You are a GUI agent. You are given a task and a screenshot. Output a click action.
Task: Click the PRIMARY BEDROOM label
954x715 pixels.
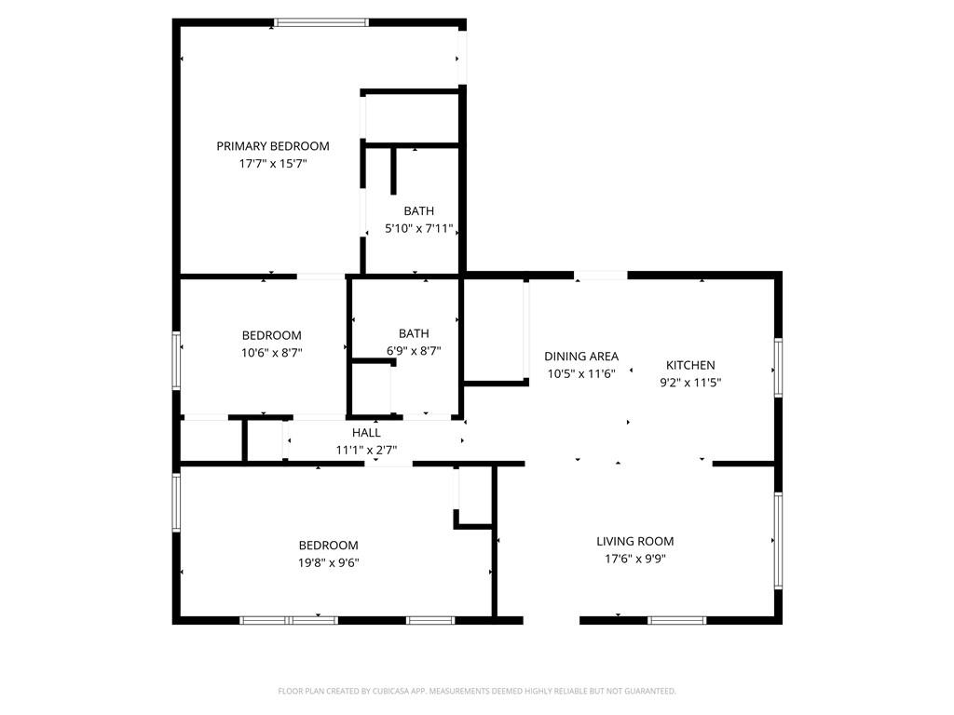[273, 146]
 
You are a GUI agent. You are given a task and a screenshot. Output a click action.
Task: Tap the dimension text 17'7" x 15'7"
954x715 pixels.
[273, 163]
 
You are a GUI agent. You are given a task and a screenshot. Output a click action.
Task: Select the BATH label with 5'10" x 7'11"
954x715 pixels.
[418, 211]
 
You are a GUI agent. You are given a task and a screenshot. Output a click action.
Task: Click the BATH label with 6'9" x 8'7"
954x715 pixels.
[414, 333]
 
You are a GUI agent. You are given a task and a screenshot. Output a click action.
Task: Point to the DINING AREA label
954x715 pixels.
[581, 357]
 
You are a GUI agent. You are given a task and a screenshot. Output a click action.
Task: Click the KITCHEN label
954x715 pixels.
[690, 365]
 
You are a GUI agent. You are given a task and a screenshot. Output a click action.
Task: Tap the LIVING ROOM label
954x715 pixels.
[635, 541]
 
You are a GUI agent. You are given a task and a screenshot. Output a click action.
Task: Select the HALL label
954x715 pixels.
[366, 433]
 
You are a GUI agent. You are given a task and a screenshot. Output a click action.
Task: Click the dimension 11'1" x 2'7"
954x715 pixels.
[366, 450]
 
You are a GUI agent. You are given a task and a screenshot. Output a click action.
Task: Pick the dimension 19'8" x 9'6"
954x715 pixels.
[328, 562]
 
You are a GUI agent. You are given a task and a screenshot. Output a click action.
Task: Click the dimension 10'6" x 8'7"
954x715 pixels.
[272, 352]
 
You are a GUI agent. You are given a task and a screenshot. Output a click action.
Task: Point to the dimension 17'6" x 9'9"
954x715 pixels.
[635, 559]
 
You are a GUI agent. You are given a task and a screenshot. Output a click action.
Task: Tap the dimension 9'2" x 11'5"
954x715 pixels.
[690, 382]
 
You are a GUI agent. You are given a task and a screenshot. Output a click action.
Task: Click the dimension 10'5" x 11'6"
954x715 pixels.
[581, 373]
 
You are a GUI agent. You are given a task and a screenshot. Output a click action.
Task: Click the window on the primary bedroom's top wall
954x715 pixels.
[322, 22]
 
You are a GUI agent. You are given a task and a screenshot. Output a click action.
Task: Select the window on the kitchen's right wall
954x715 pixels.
[778, 369]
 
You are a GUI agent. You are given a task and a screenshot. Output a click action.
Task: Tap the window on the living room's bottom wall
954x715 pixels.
[677, 619]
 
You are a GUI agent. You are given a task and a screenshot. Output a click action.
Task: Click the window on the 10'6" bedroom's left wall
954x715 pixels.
[176, 359]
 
